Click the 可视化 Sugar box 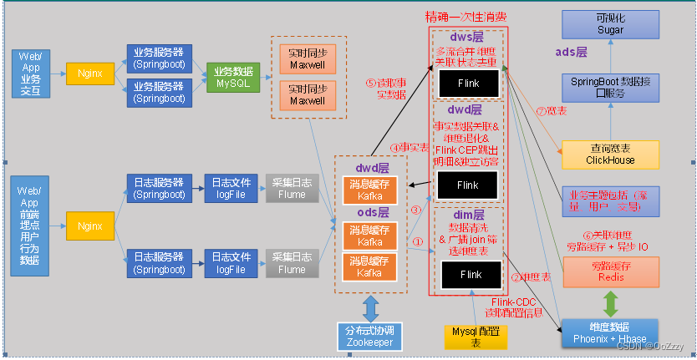click(609, 23)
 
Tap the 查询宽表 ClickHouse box click(610, 154)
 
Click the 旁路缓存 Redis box click(610, 271)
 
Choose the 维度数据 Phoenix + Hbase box click(610, 332)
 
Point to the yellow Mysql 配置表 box click(475, 336)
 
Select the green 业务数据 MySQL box click(233, 77)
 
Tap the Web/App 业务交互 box click(31, 73)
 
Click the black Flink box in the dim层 click(471, 274)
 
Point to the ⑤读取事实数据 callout click(387, 89)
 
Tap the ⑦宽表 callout click(552, 111)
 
